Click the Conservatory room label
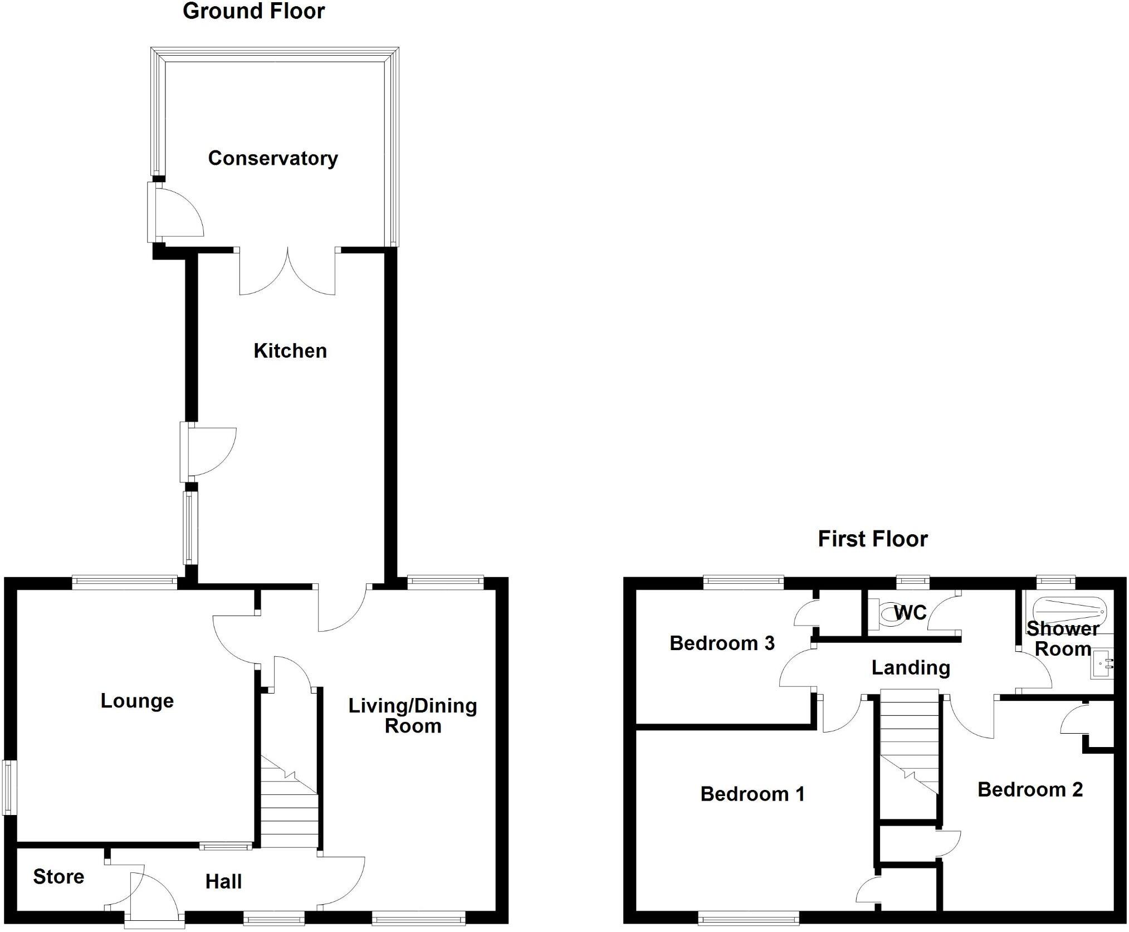point(272,159)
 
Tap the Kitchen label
point(290,351)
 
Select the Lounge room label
point(137,701)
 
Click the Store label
point(58,877)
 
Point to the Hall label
point(223,882)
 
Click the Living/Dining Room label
point(413,716)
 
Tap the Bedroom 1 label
point(752,794)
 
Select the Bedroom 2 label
point(1030,789)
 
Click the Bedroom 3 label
point(722,643)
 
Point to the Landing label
point(911,667)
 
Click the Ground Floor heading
point(253,11)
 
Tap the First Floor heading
point(872,539)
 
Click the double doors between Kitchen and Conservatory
point(287,273)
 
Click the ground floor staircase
point(289,802)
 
